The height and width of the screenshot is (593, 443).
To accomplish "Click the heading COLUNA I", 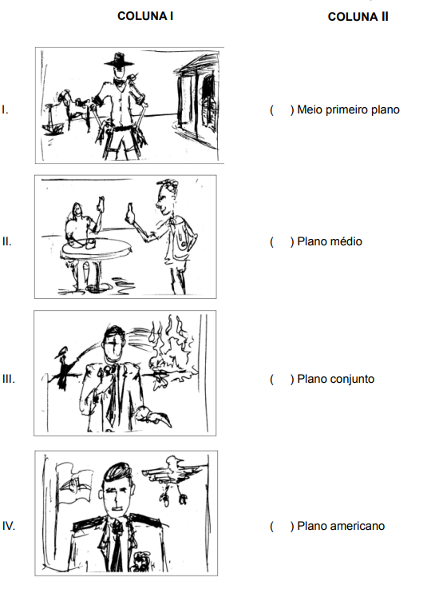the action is pyautogui.click(x=145, y=16).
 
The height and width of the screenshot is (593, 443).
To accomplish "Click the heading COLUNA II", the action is pyautogui.click(x=358, y=17).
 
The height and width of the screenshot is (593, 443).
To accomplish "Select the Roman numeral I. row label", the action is pyautogui.click(x=6, y=109).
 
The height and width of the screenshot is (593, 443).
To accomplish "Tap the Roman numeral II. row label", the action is pyautogui.click(x=7, y=241).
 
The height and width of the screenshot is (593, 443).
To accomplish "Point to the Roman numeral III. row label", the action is pyautogui.click(x=8, y=379).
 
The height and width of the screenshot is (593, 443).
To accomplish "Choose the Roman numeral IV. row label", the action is pyautogui.click(x=9, y=526).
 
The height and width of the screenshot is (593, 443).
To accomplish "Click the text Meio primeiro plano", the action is pyautogui.click(x=348, y=109).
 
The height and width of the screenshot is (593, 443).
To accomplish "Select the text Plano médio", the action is pyautogui.click(x=330, y=241).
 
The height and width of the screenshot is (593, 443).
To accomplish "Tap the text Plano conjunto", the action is pyautogui.click(x=336, y=379).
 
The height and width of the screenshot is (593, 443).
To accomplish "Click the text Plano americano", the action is pyautogui.click(x=341, y=526).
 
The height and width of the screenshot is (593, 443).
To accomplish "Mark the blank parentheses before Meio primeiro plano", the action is pyautogui.click(x=282, y=109).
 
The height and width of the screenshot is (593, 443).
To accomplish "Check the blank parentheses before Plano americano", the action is pyautogui.click(x=282, y=526).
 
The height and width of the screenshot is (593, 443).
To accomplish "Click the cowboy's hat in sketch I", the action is pyautogui.click(x=119, y=61).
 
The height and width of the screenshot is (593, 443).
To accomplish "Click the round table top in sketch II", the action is pyautogui.click(x=97, y=249).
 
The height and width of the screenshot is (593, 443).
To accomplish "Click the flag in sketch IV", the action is pyautogui.click(x=75, y=484).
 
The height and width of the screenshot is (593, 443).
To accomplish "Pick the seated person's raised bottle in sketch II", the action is pyautogui.click(x=101, y=205).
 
